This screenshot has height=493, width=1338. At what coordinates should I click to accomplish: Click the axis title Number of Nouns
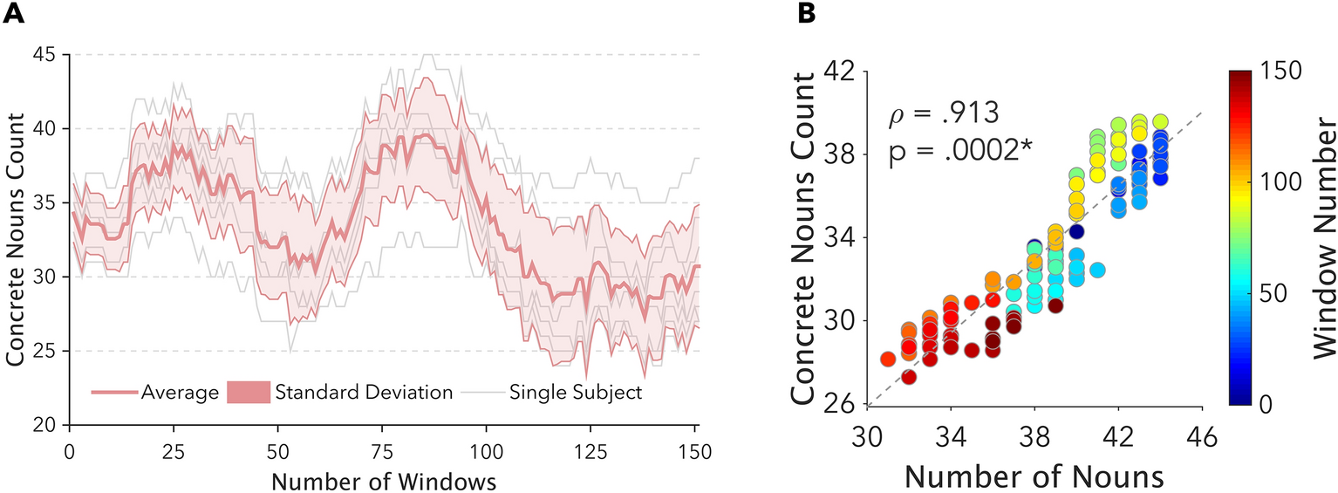coord(1034,475)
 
